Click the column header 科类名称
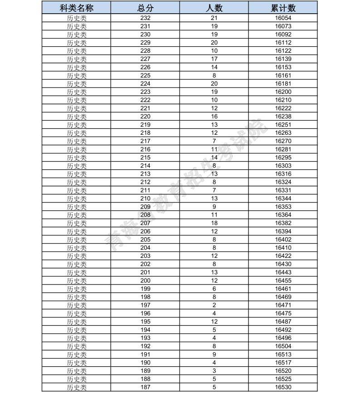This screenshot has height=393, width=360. pos(77,9)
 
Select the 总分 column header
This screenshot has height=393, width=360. pos(145,9)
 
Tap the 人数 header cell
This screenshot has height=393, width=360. pos(214,9)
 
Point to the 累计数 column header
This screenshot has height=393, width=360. pos(283,9)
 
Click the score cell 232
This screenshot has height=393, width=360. pos(145,18)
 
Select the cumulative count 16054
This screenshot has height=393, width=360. pos(283,18)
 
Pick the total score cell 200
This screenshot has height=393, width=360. pos(145,281)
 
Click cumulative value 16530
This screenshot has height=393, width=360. pos(283,387)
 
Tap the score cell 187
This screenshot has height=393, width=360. pos(145,387)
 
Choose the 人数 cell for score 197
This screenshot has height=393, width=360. pos(214,305)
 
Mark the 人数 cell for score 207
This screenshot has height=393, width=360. pos(214,223)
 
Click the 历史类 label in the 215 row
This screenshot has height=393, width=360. pos(77,157)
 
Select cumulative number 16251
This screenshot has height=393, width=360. pos(283,125)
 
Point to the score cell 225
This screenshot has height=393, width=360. pos(145,75)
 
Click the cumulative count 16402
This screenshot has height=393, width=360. pos(283,240)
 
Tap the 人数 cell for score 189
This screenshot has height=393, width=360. pos(214,371)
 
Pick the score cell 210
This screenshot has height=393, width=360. pos(145,199)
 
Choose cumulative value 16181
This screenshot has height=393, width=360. pos(283,84)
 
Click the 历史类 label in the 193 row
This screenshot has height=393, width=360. pos(77,338)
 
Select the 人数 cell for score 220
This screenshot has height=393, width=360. pos(214,117)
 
